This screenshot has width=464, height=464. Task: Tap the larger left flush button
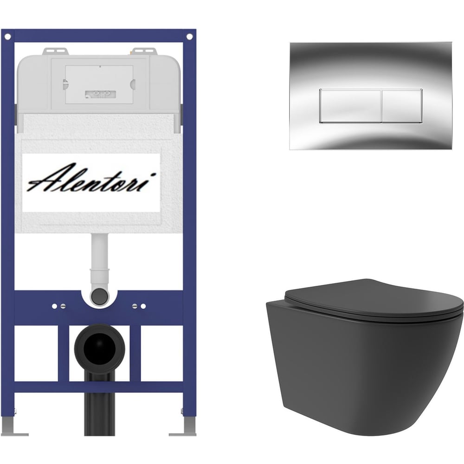click(350, 106)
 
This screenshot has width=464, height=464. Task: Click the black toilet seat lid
click(374, 298)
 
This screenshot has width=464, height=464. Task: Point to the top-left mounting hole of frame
click(8, 37)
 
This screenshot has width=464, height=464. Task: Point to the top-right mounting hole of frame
click(189, 37)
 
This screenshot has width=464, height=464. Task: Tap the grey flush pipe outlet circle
click(99, 296)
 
